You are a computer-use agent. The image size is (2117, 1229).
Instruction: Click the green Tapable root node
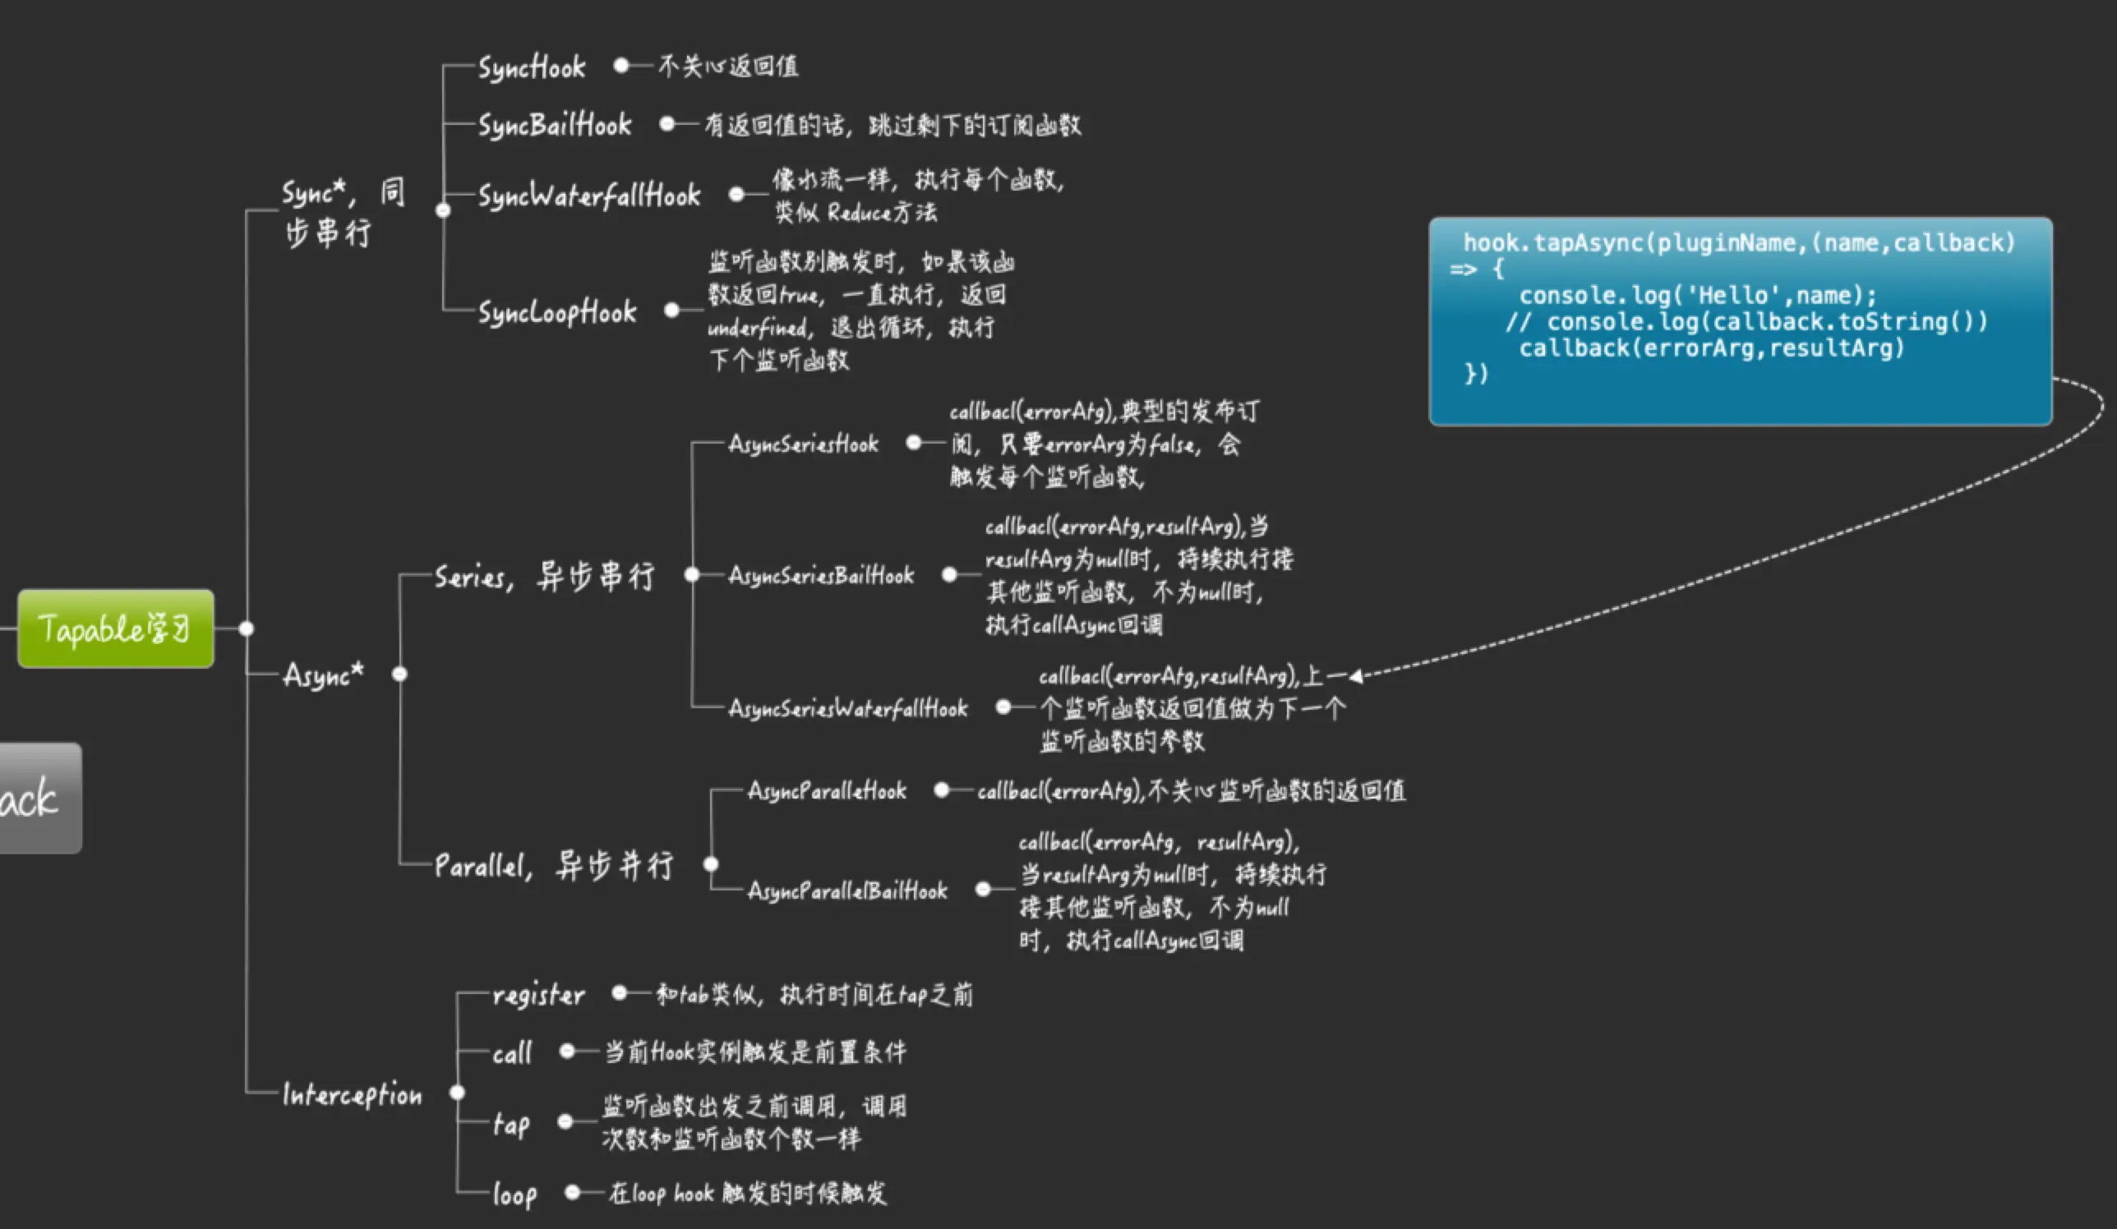click(x=116, y=628)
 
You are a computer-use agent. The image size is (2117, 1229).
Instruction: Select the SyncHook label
click(x=532, y=67)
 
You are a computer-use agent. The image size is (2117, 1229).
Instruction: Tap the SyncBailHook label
click(x=555, y=125)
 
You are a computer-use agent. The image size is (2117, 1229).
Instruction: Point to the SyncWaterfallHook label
click(x=589, y=196)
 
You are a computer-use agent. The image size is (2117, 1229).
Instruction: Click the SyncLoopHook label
click(x=557, y=311)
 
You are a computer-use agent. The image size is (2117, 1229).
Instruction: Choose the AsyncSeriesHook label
click(x=802, y=444)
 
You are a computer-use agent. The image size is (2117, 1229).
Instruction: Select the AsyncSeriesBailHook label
click(x=821, y=575)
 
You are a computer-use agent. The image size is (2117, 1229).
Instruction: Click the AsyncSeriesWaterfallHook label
click(x=847, y=708)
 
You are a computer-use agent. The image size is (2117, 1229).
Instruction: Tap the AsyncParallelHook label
click(x=827, y=790)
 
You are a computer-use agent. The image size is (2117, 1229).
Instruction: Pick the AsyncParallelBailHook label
click(x=846, y=890)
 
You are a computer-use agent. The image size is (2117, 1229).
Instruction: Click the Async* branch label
click(x=324, y=674)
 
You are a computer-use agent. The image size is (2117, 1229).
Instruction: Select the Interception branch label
click(x=352, y=1093)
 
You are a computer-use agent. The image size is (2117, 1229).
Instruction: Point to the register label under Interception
click(x=537, y=995)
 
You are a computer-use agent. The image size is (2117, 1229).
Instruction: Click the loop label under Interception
click(x=514, y=1194)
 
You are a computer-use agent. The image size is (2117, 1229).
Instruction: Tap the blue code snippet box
click(x=1740, y=321)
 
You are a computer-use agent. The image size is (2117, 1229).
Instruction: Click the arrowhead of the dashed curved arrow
click(x=1356, y=675)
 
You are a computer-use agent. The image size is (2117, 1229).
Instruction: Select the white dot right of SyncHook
click(x=620, y=66)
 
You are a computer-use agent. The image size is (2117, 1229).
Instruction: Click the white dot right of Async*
click(x=400, y=674)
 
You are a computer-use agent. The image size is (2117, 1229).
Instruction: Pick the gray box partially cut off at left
click(x=38, y=798)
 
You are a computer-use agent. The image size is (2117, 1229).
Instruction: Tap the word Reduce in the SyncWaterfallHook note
click(x=858, y=213)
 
